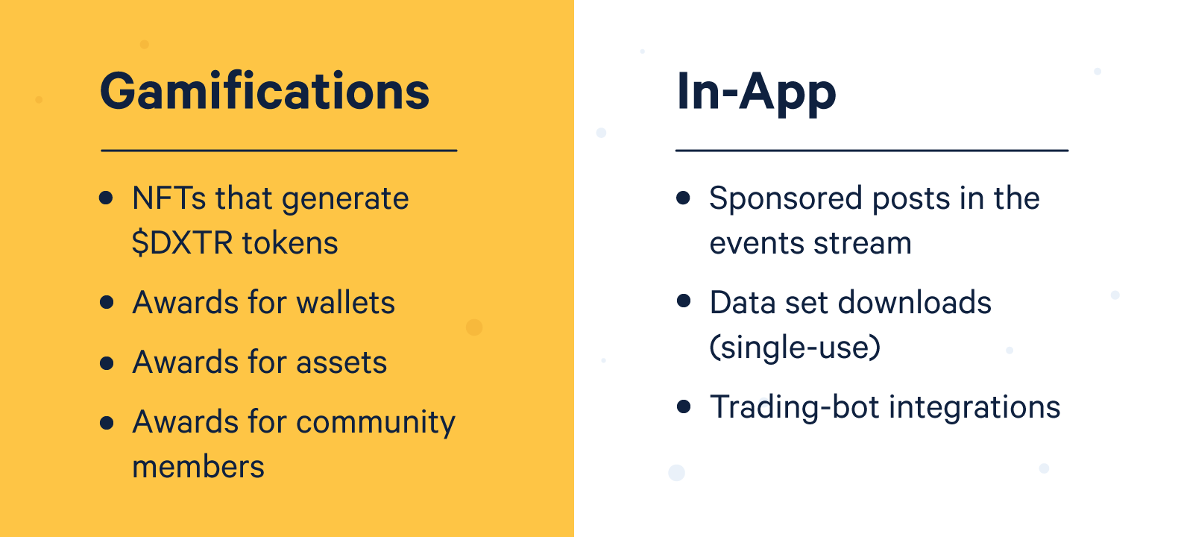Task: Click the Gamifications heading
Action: pyautogui.click(x=265, y=92)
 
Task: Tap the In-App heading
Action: pyautogui.click(x=756, y=92)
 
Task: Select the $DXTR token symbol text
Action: pyautogui.click(x=183, y=243)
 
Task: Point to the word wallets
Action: pyautogui.click(x=345, y=302)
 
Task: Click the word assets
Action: pyautogui.click(x=341, y=362)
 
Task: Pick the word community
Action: pyautogui.click(x=376, y=423)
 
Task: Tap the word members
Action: pyautogui.click(x=198, y=468)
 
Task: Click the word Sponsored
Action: pyautogui.click(x=785, y=199)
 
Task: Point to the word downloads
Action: pyautogui.click(x=915, y=302)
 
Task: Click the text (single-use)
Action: pyautogui.click(x=795, y=348)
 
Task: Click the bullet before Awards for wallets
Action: pyautogui.click(x=107, y=302)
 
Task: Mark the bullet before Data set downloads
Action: pyautogui.click(x=684, y=301)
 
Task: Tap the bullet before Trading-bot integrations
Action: pyautogui.click(x=684, y=406)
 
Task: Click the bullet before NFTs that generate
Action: pyautogui.click(x=106, y=198)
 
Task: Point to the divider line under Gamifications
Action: pyautogui.click(x=279, y=151)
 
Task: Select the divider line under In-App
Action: pyautogui.click(x=872, y=151)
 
